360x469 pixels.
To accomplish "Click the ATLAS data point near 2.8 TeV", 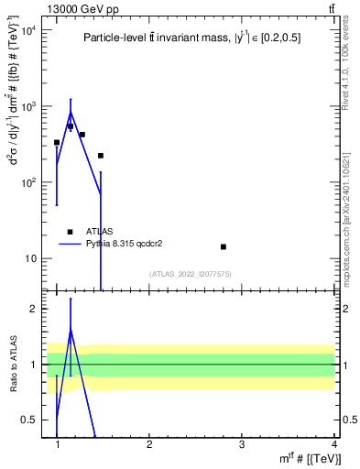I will coord(223,246).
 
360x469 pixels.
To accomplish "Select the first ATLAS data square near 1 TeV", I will coord(57,142).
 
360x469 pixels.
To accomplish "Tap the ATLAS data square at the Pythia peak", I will coord(70,126).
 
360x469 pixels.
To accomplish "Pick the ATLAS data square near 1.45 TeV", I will coord(100,156).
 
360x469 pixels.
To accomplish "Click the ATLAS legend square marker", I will coord(70,232).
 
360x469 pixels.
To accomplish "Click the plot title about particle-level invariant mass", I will coord(191,38).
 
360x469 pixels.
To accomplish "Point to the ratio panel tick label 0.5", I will coord(29,420).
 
